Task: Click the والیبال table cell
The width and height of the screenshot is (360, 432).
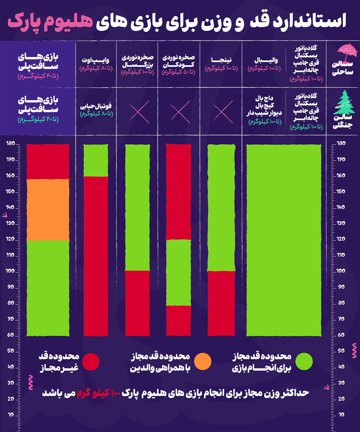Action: click(265, 64)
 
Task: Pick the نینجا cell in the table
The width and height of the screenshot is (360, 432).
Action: click(221, 64)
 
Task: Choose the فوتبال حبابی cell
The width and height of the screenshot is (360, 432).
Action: click(96, 110)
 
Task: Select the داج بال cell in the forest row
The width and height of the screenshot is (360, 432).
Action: click(265, 110)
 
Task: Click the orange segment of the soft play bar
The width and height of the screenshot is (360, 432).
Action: click(48, 210)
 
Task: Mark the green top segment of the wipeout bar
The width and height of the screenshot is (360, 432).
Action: click(96, 160)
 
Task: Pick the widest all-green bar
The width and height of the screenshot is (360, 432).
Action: click(284, 240)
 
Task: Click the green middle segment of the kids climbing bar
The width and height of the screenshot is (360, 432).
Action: click(178, 272)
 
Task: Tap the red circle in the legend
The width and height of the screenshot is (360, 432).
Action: click(91, 362)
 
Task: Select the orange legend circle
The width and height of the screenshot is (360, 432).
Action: click(202, 362)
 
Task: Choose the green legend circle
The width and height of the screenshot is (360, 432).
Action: click(304, 362)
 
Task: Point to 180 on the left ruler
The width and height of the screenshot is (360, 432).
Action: click(11, 143)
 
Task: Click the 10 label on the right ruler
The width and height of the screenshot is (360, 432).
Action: click(341, 415)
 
